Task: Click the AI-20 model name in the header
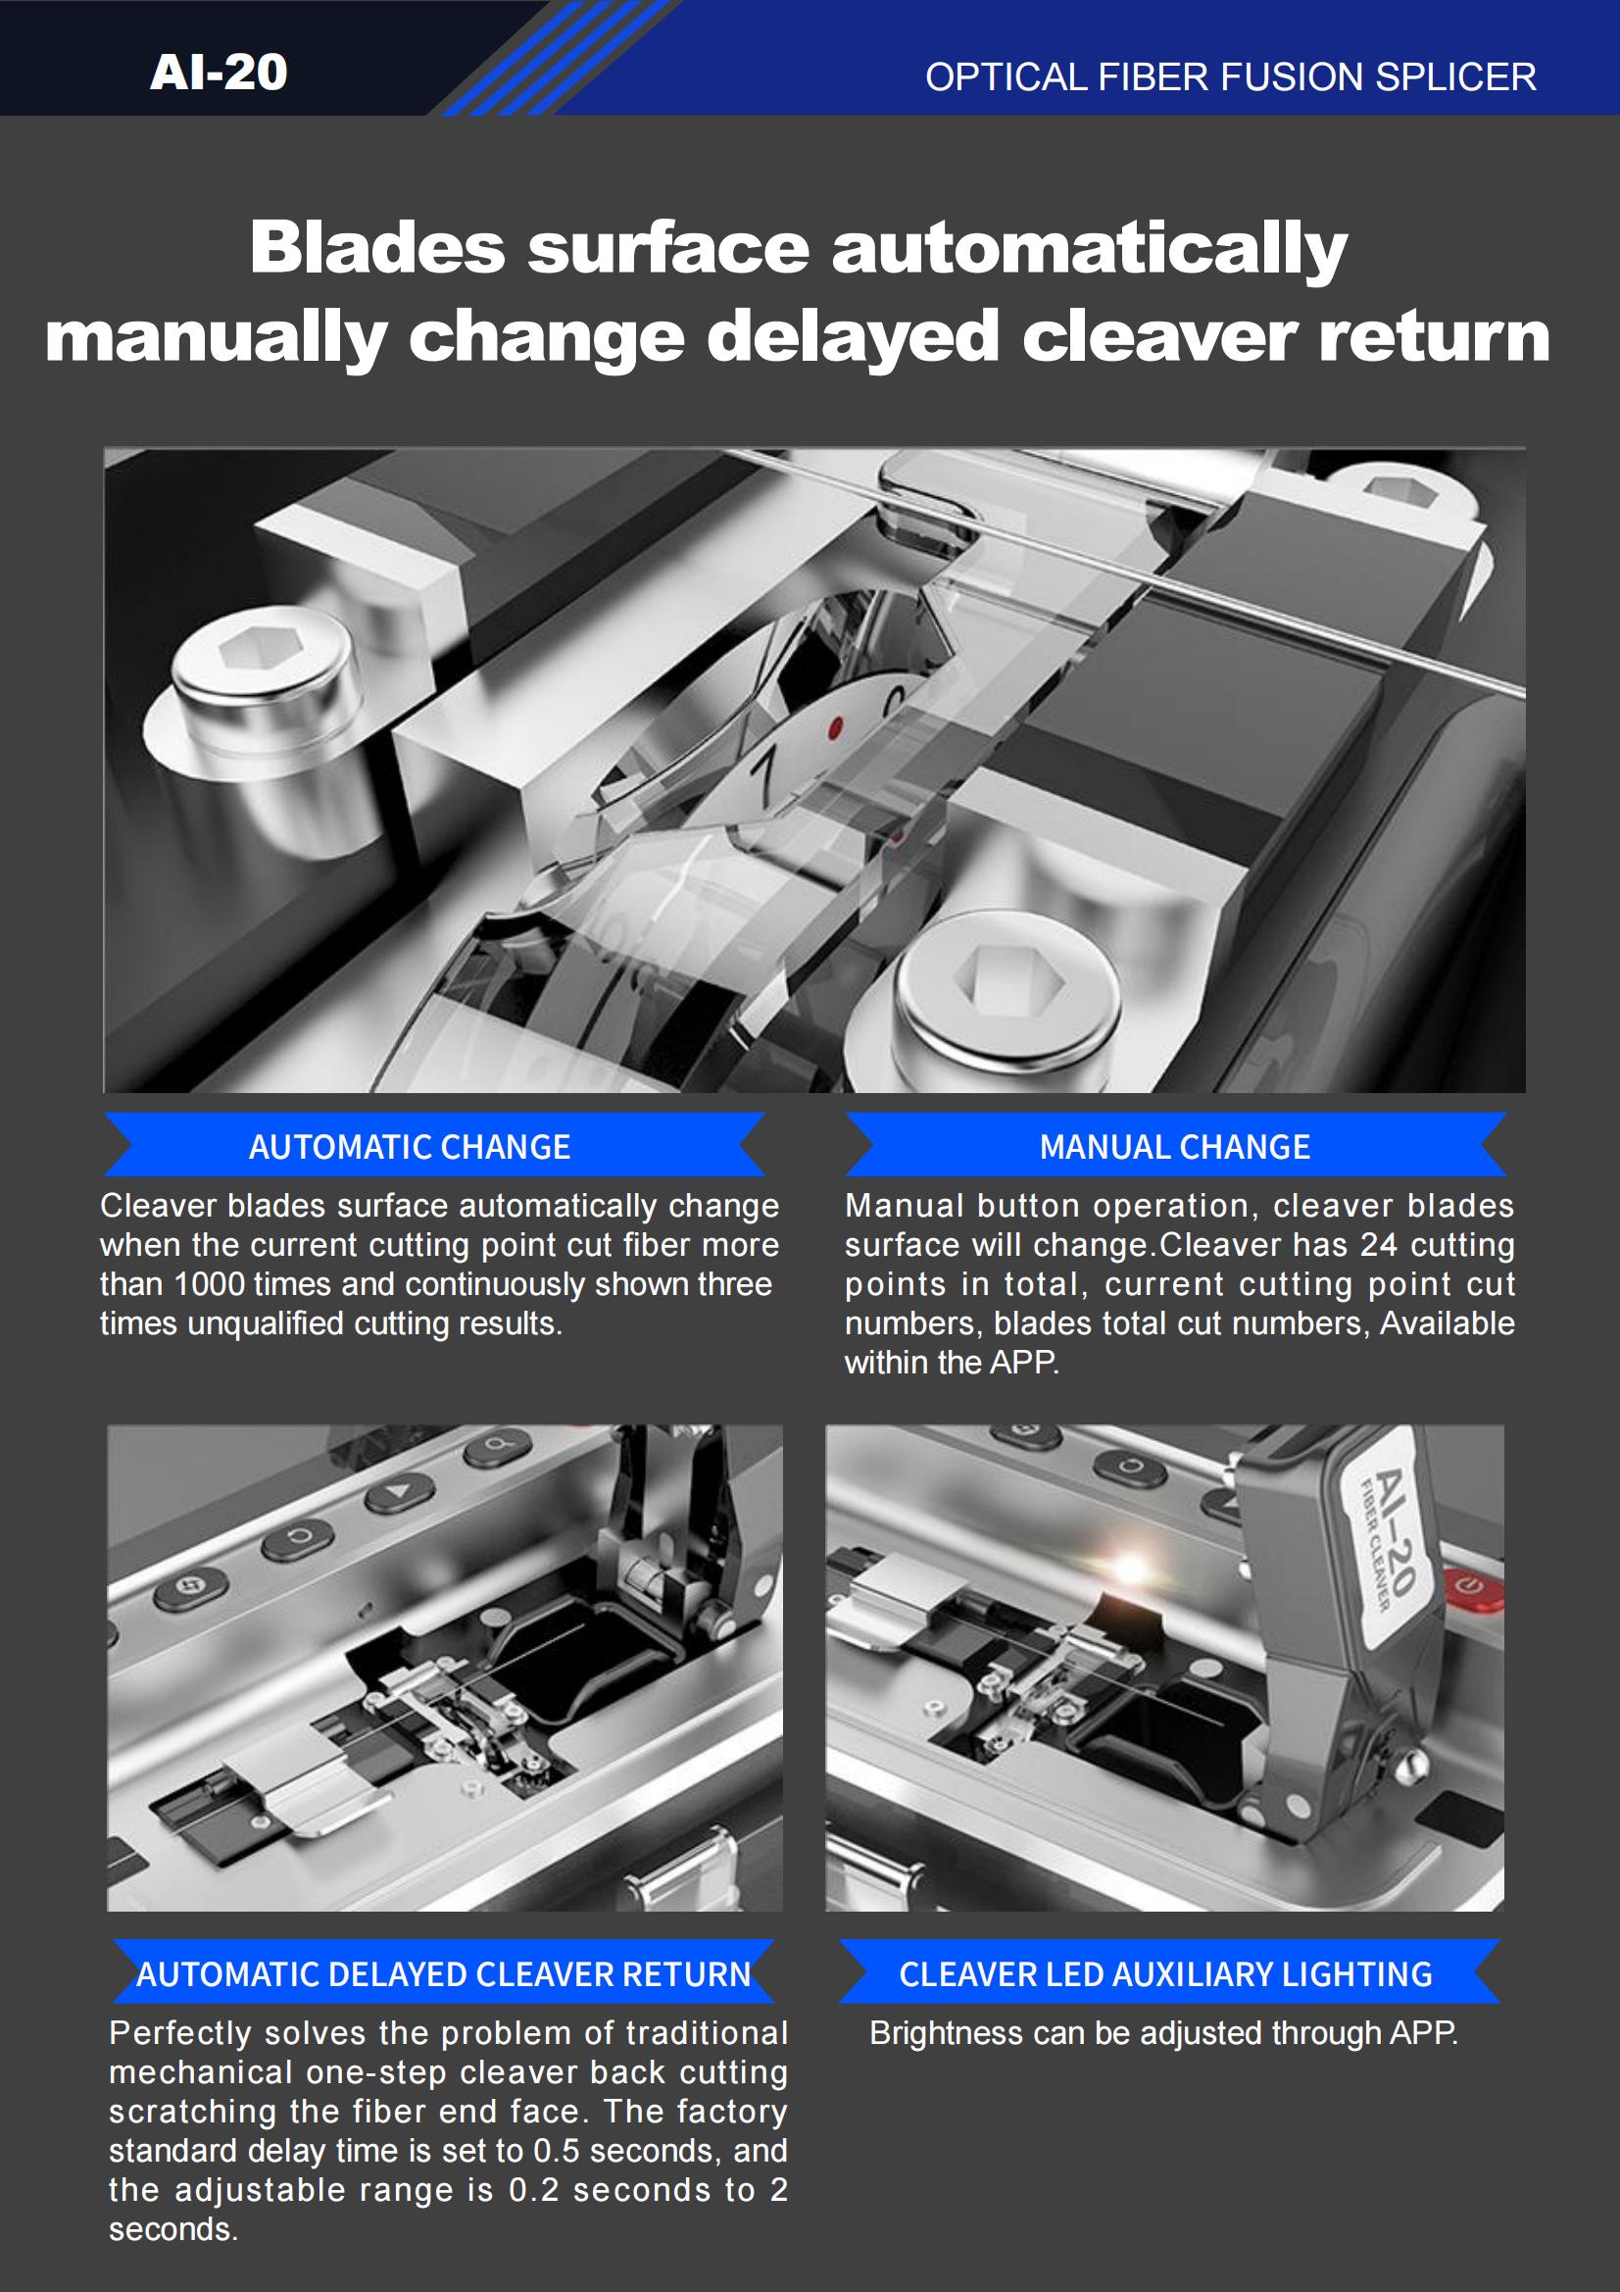click(219, 72)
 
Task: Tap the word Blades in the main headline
click(377, 247)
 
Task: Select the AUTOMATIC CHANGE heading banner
click(434, 1146)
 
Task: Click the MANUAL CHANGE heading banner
click(1176, 1146)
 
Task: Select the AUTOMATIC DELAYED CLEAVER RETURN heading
click(443, 1973)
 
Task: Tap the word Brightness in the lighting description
click(947, 2033)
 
